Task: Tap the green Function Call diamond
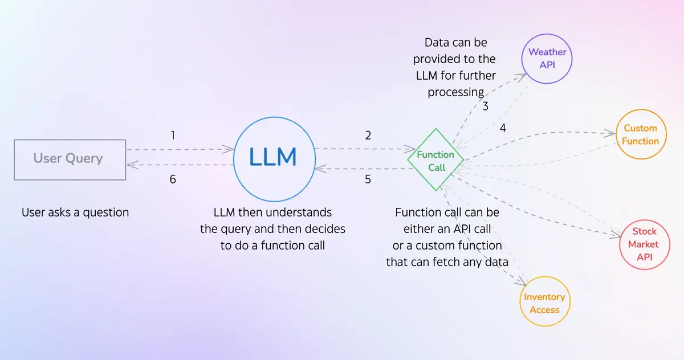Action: tap(436, 161)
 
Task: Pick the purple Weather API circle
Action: tap(547, 58)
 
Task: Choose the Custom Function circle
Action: tap(641, 134)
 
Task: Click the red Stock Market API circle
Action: tap(644, 244)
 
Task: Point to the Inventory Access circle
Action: tap(544, 303)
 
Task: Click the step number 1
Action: tap(173, 136)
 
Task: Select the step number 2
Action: tap(368, 136)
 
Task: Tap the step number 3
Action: tap(486, 106)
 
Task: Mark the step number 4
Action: tap(503, 129)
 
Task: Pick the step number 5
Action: tap(368, 179)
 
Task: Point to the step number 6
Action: tap(173, 179)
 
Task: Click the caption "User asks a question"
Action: tap(75, 212)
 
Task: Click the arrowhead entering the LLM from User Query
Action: tap(230, 149)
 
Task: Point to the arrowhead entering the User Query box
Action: tap(131, 165)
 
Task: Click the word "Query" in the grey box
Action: tap(85, 158)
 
